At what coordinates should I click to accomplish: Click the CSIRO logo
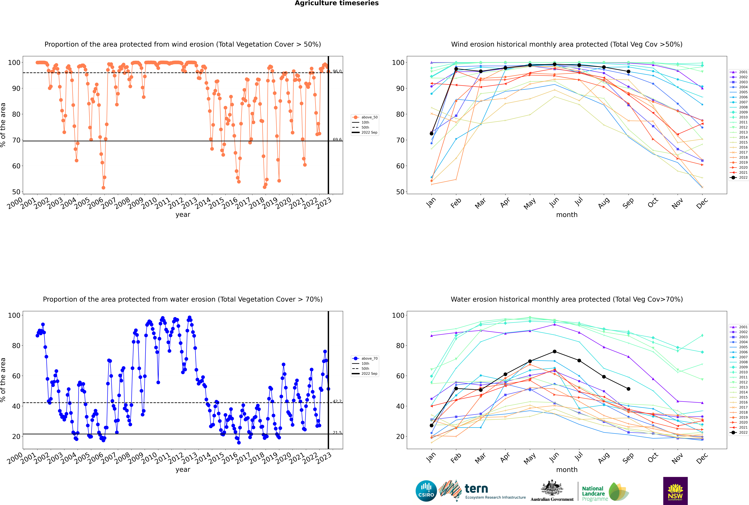pyautogui.click(x=426, y=491)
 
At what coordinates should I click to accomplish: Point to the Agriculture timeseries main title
pyautogui.click(x=337, y=3)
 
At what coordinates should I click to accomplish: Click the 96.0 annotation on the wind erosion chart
pyautogui.click(x=337, y=71)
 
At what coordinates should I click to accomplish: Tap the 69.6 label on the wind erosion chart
pyautogui.click(x=337, y=139)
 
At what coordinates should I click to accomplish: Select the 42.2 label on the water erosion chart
pyautogui.click(x=337, y=401)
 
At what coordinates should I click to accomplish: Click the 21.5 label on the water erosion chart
pyautogui.click(x=337, y=433)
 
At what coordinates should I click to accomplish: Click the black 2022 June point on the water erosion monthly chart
pyautogui.click(x=554, y=351)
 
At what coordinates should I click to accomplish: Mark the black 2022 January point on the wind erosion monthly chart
pyautogui.click(x=432, y=133)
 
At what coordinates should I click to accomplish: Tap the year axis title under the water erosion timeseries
pyautogui.click(x=183, y=470)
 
